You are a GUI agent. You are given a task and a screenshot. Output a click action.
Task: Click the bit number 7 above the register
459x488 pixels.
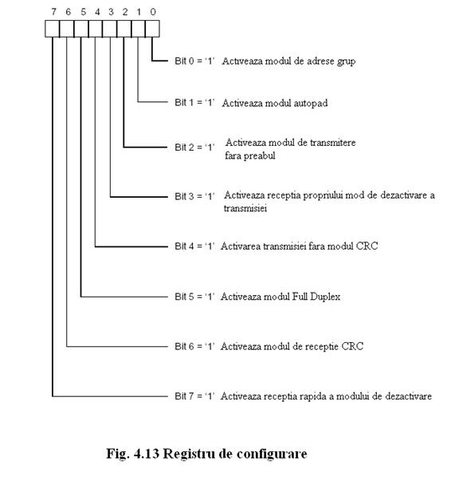(x=54, y=12)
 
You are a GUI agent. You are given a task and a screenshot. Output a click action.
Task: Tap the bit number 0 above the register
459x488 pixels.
(x=153, y=12)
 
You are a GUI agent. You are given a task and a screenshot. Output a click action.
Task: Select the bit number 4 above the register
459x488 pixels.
(x=97, y=12)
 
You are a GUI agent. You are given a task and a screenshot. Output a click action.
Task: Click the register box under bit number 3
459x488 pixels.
(x=109, y=29)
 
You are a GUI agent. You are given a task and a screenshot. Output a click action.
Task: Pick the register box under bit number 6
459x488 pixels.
(x=67, y=29)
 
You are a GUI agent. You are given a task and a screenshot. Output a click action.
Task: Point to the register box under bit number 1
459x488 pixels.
(x=138, y=29)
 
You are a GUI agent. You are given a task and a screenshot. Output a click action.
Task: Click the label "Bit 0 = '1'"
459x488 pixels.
(x=194, y=61)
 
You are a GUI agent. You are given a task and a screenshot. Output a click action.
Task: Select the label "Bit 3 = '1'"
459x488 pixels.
(x=194, y=196)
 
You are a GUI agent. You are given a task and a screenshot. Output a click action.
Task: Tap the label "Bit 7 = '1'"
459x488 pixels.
(x=194, y=396)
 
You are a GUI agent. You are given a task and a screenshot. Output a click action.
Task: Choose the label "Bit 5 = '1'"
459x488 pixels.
(x=194, y=297)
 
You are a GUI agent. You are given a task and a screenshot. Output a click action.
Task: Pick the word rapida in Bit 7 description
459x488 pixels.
(x=312, y=396)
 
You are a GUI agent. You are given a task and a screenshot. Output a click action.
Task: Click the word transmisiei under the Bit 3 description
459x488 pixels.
(x=245, y=208)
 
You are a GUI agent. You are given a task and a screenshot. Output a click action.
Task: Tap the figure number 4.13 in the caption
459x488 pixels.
(x=147, y=454)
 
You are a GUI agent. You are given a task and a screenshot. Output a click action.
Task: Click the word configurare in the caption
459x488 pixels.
(x=272, y=455)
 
